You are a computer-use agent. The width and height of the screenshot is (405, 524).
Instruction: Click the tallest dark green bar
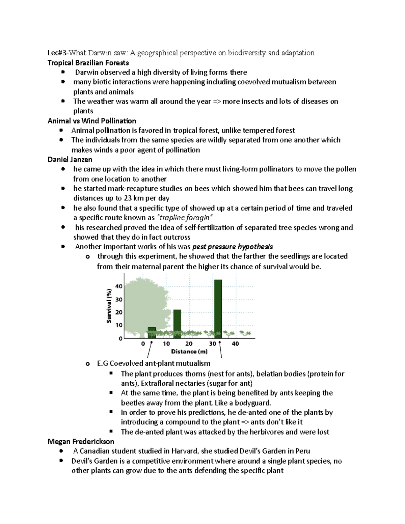point(218,309)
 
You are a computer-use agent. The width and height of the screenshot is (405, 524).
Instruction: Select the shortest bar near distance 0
point(152,332)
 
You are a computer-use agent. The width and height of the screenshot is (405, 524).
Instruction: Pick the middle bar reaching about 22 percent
point(177,324)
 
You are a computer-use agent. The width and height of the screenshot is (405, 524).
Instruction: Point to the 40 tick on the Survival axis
point(119,286)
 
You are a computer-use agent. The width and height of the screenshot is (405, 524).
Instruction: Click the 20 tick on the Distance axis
point(189,344)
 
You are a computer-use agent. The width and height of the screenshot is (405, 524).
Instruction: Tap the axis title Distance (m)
point(189,352)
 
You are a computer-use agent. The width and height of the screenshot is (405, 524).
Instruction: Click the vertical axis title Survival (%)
point(109,306)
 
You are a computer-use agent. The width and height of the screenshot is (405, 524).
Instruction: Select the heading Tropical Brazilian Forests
point(88,63)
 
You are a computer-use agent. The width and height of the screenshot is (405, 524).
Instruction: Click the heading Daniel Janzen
point(70,159)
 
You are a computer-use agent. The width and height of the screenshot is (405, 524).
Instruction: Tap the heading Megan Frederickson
point(81,441)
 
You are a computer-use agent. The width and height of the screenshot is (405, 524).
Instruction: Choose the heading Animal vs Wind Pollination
point(92,121)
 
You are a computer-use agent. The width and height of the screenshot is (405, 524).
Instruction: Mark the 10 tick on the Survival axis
point(119,325)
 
